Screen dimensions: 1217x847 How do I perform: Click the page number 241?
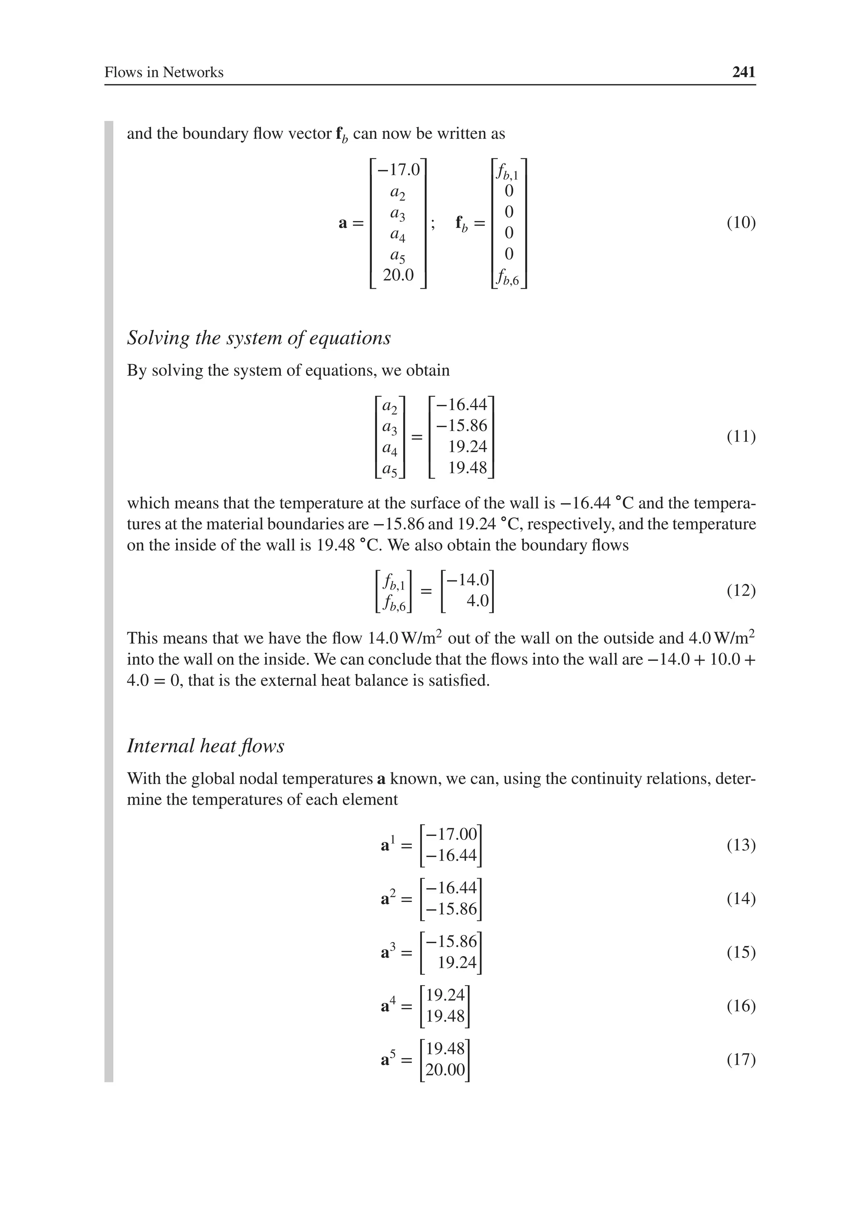(x=743, y=72)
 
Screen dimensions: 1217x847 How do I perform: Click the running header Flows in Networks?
(x=164, y=72)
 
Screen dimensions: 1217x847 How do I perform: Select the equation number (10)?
(x=741, y=223)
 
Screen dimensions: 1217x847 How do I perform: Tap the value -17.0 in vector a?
(x=398, y=170)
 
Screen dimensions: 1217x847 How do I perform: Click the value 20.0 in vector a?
(x=398, y=274)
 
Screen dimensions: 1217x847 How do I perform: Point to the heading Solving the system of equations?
(x=258, y=338)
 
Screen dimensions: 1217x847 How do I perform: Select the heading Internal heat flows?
(x=206, y=746)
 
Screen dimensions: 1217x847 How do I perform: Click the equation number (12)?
(x=741, y=590)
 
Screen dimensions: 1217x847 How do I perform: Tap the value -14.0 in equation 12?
(x=468, y=580)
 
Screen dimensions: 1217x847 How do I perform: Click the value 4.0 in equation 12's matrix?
(x=477, y=601)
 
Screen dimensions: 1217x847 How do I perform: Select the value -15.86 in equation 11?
(x=462, y=426)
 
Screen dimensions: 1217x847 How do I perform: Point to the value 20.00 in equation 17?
(x=445, y=1070)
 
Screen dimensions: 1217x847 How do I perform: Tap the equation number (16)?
(x=741, y=1005)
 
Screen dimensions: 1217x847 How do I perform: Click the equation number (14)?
(x=741, y=898)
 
